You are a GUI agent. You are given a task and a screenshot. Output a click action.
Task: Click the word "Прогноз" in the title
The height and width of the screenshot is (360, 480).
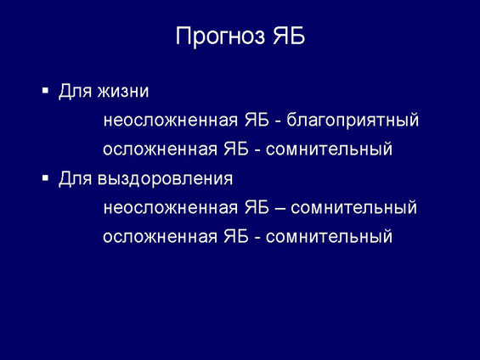click(220, 37)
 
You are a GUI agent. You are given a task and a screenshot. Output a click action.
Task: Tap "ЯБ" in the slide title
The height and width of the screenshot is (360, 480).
click(289, 36)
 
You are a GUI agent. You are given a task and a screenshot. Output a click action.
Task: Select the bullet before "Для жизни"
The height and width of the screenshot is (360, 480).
click(45, 90)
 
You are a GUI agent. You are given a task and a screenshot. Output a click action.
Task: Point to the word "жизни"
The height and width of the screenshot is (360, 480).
click(123, 92)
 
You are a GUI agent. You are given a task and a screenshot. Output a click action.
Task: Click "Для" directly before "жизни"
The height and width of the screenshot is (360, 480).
click(75, 91)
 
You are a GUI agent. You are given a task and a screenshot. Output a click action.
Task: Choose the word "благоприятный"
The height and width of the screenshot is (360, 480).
click(353, 121)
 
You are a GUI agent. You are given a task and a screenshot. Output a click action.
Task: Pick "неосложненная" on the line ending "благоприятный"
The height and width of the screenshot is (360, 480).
click(171, 120)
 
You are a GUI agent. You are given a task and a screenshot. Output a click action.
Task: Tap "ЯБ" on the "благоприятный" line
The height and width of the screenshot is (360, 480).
click(257, 119)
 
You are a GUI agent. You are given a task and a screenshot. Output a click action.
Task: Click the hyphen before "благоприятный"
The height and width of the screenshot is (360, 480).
click(278, 121)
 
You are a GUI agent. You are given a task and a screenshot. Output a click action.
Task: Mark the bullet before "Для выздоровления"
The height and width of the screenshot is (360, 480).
click(45, 177)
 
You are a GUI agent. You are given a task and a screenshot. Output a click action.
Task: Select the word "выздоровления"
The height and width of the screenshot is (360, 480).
click(166, 179)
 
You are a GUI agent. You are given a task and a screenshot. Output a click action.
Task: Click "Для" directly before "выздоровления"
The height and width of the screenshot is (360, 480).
click(75, 178)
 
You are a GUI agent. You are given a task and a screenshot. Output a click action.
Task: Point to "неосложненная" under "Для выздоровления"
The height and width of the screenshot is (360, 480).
click(171, 208)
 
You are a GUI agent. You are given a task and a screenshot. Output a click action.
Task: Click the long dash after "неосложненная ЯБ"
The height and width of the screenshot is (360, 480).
click(280, 209)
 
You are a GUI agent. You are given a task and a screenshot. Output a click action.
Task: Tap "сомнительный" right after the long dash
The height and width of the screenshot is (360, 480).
click(354, 208)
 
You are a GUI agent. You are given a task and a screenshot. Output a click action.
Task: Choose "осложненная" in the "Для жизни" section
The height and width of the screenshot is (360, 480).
click(160, 149)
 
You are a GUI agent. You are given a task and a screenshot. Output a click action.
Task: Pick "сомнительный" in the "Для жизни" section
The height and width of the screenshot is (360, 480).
click(329, 149)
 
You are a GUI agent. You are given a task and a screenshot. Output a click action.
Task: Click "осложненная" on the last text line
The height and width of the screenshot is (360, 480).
click(160, 237)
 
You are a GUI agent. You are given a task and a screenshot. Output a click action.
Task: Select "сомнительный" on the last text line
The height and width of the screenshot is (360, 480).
click(329, 237)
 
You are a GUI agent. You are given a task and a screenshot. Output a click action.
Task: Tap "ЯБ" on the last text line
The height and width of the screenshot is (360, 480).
click(236, 236)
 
